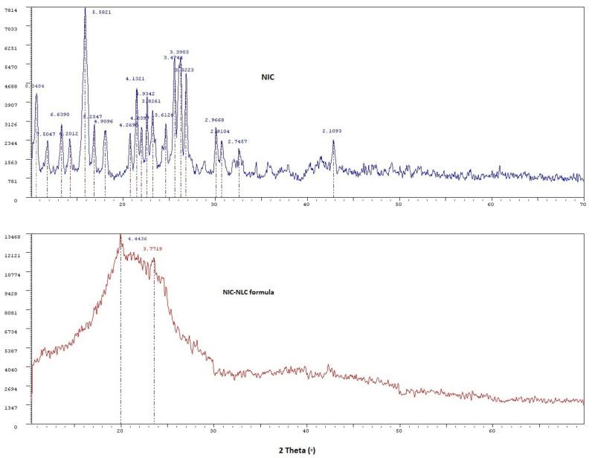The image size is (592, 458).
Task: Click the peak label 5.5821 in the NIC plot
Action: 101,13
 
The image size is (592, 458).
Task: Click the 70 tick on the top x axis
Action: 582,205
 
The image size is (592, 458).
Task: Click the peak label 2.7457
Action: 237,141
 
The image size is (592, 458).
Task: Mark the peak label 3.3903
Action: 179,52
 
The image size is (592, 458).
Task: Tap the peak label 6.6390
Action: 59,115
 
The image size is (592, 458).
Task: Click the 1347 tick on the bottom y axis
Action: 14,408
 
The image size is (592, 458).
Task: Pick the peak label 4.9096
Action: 103,121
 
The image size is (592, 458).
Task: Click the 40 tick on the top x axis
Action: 306,205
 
